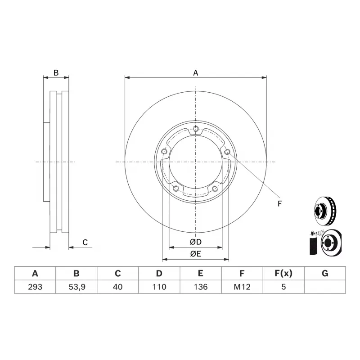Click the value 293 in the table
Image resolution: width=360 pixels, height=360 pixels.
point(35,287)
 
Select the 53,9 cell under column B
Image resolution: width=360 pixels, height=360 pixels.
point(76,287)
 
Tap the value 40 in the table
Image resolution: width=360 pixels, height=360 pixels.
point(117,287)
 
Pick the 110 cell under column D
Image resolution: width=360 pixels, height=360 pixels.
point(159,287)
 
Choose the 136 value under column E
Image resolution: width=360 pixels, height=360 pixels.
point(200,287)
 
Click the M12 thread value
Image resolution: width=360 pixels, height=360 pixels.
point(242,287)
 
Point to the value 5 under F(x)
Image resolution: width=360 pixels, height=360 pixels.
point(283,287)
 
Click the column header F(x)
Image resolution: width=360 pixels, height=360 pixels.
point(283,273)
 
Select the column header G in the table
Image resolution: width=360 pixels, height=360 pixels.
point(325,273)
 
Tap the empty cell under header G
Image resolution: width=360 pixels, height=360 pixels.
point(325,287)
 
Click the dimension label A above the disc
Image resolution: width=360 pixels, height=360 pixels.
point(196,72)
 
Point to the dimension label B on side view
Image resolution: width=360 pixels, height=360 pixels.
point(56,72)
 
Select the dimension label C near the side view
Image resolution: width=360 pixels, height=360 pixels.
point(85,243)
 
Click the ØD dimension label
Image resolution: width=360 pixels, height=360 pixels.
point(196,242)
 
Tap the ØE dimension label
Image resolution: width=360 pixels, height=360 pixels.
point(196,254)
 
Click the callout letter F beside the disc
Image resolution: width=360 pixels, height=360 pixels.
point(279,204)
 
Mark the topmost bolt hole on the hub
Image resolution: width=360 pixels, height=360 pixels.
point(196,130)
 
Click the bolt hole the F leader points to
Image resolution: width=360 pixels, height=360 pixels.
point(227,152)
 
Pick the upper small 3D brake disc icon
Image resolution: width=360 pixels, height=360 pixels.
point(324,210)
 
